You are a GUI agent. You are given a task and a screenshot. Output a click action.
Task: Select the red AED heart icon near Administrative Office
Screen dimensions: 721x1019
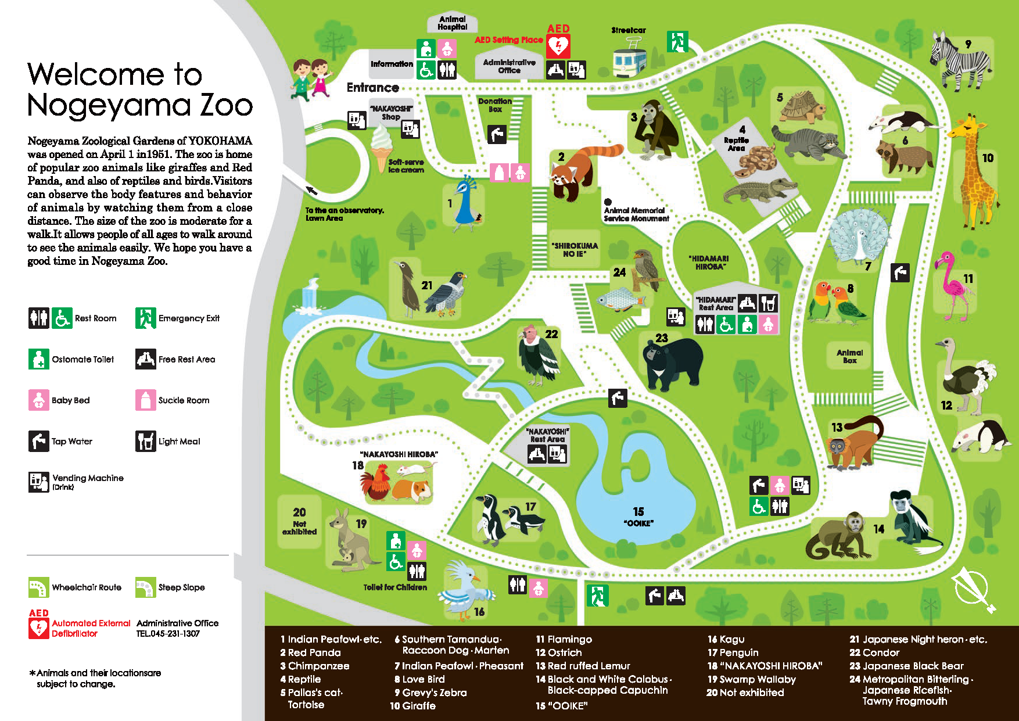coord(558,45)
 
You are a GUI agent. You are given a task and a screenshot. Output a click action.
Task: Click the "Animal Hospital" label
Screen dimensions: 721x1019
coord(452,23)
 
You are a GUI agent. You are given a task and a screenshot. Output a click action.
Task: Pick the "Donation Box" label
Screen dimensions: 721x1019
coord(495,105)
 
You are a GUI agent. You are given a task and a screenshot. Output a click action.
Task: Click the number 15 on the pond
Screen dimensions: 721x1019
coord(638,511)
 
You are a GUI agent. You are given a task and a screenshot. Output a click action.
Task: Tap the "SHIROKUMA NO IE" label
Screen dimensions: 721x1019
coord(575,250)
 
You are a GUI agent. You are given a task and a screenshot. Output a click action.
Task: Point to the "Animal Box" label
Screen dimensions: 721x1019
coord(849,356)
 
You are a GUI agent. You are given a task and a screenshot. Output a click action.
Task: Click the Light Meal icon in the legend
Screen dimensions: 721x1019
coord(145,441)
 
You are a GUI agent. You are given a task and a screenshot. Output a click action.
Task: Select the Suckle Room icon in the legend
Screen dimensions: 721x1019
coord(145,400)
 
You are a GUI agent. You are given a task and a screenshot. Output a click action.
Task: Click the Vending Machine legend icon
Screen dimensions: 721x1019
coord(39,482)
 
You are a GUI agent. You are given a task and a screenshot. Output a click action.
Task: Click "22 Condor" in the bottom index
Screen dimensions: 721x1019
coord(874,652)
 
